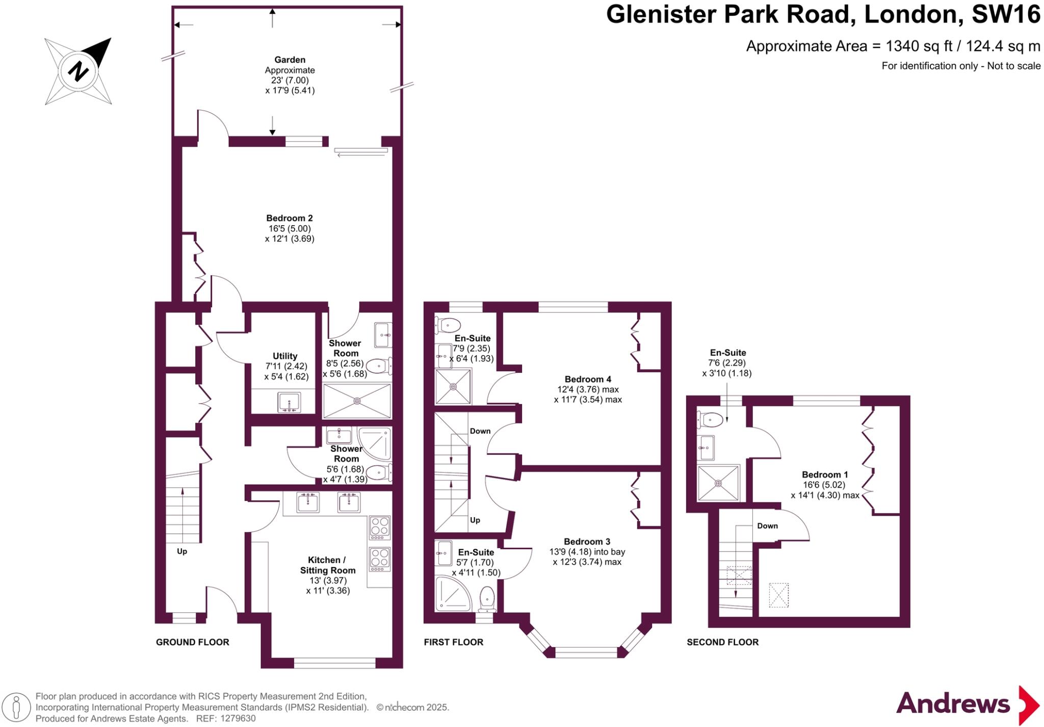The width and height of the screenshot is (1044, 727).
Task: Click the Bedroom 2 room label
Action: click(x=289, y=218)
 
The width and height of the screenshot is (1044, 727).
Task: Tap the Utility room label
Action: click(x=284, y=356)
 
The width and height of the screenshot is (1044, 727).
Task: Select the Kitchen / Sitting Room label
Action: click(x=327, y=565)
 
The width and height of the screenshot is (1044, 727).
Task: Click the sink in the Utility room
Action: click(x=289, y=402)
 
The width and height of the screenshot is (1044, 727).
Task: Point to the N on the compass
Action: click(x=78, y=71)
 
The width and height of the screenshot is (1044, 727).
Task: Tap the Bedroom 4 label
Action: click(x=587, y=379)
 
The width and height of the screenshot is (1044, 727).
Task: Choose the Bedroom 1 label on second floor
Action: click(x=824, y=474)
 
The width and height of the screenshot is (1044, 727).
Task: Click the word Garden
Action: click(x=290, y=60)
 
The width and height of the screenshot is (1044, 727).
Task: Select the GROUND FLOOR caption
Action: click(x=192, y=642)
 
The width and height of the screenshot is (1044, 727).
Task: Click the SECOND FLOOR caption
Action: click(x=722, y=642)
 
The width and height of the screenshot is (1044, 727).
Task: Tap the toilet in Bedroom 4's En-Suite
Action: click(x=449, y=325)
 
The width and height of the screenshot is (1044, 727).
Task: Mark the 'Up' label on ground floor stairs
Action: click(x=181, y=551)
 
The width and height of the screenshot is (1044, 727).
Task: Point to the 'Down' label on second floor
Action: click(x=767, y=526)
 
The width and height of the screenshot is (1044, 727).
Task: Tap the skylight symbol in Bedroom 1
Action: click(x=778, y=595)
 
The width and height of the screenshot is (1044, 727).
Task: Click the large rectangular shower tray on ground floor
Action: click(x=357, y=401)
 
